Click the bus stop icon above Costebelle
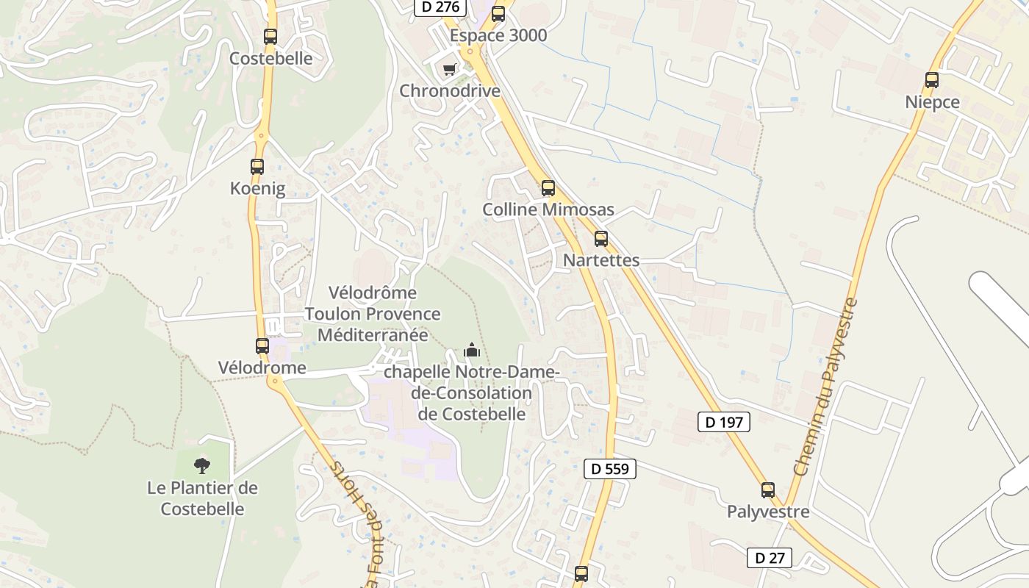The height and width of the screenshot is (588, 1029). pos(270,37)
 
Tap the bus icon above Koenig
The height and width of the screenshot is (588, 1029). pos(257,167)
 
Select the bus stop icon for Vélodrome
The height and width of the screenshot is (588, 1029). pos(262,346)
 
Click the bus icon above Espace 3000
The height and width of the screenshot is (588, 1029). pos(498,14)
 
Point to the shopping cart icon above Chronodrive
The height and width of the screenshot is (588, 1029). pos(449,69)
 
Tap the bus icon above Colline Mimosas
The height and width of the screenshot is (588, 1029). pos(548,188)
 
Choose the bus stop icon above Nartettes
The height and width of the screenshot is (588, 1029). pos(601,239)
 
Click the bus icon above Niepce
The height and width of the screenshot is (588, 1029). pos(932,81)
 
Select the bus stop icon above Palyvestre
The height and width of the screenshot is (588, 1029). pos(768,490)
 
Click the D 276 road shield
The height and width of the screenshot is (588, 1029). pos(441,7)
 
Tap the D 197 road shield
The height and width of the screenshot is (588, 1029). pos(724,422)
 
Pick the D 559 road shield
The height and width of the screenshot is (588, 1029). pos(610,468)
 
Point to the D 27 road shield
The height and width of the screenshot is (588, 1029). pos(770,558)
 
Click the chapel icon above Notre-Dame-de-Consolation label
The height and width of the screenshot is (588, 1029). pos(472,351)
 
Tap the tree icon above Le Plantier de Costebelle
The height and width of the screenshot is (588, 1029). pos(201,465)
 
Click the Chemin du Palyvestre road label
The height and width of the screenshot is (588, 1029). pos(825,386)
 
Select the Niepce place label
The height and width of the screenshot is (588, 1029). pos(932,102)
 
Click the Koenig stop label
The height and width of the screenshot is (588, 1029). pos(257,189)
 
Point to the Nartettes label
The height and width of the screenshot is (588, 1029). pos(601,260)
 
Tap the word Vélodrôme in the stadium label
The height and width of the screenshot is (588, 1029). pos(373,293)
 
